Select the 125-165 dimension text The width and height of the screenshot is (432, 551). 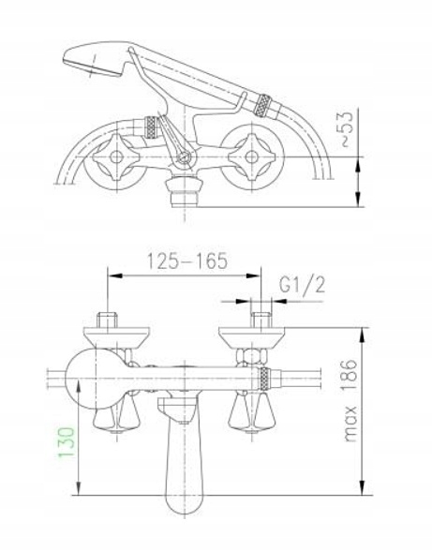pos(186,261)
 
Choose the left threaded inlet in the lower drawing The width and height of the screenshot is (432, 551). pos(110,318)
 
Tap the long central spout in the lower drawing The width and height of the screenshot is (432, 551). pos(184,459)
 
